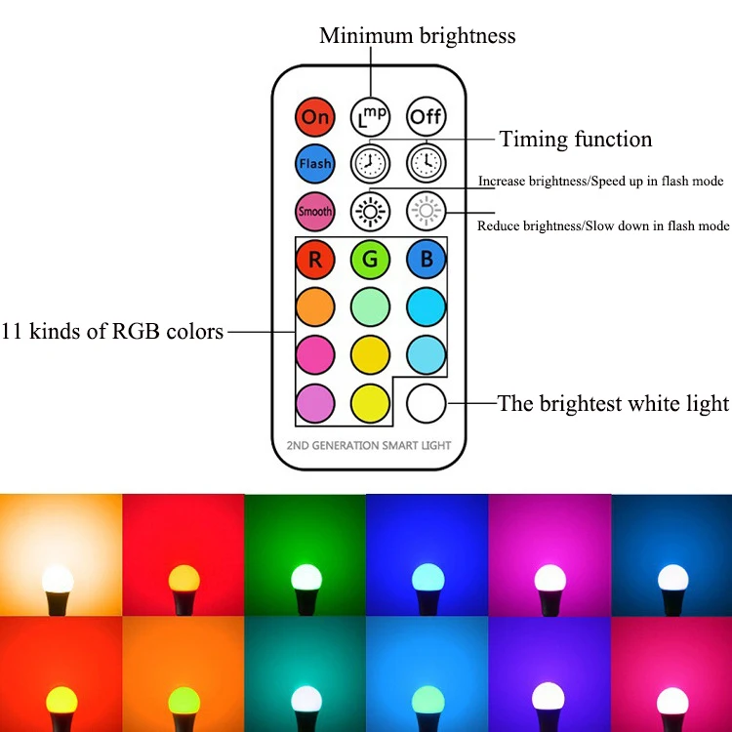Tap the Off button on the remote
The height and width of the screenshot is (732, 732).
pyautogui.click(x=426, y=117)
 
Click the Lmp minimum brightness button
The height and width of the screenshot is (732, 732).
pyautogui.click(x=370, y=117)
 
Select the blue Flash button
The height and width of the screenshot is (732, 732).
pyautogui.click(x=315, y=164)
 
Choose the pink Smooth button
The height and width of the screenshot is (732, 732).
pyautogui.click(x=315, y=211)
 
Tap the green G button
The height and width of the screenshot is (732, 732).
pyautogui.click(x=370, y=260)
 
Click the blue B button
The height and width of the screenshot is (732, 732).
pyautogui.click(x=426, y=260)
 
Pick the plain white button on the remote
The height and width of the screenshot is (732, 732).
pyautogui.click(x=426, y=403)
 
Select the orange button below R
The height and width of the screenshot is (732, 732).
pyautogui.click(x=315, y=306)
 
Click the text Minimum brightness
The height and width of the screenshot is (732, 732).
pyautogui.click(x=418, y=36)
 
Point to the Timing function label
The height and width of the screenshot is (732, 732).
pyautogui.click(x=576, y=140)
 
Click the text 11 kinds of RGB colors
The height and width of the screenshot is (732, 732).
pyautogui.click(x=112, y=332)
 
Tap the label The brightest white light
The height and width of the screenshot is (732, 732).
pyautogui.click(x=613, y=403)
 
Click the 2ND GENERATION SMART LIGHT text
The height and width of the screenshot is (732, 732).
pyautogui.click(x=370, y=446)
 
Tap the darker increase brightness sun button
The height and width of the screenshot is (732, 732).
pyautogui.click(x=370, y=211)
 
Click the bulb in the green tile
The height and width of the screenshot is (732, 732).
pyautogui.click(x=305, y=578)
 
